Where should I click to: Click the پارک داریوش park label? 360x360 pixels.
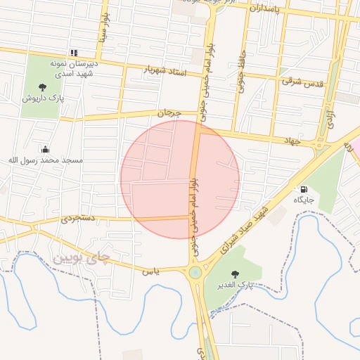click(43, 98)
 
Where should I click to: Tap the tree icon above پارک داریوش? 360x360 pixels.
click(43, 88)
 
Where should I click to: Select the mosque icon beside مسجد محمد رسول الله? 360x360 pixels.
click(45, 149)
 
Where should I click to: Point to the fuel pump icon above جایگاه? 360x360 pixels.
click(304, 189)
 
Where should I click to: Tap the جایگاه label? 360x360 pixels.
click(304, 200)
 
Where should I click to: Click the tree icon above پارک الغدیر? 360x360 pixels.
click(235, 275)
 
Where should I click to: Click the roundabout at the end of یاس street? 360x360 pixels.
click(195, 272)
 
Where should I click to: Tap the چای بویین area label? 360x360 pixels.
click(82, 258)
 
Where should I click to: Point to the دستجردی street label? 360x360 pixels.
click(77, 219)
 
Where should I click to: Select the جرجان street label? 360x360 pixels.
click(169, 112)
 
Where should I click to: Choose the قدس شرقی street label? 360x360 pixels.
click(302, 82)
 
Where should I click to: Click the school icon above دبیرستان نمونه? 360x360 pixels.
click(73, 53)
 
